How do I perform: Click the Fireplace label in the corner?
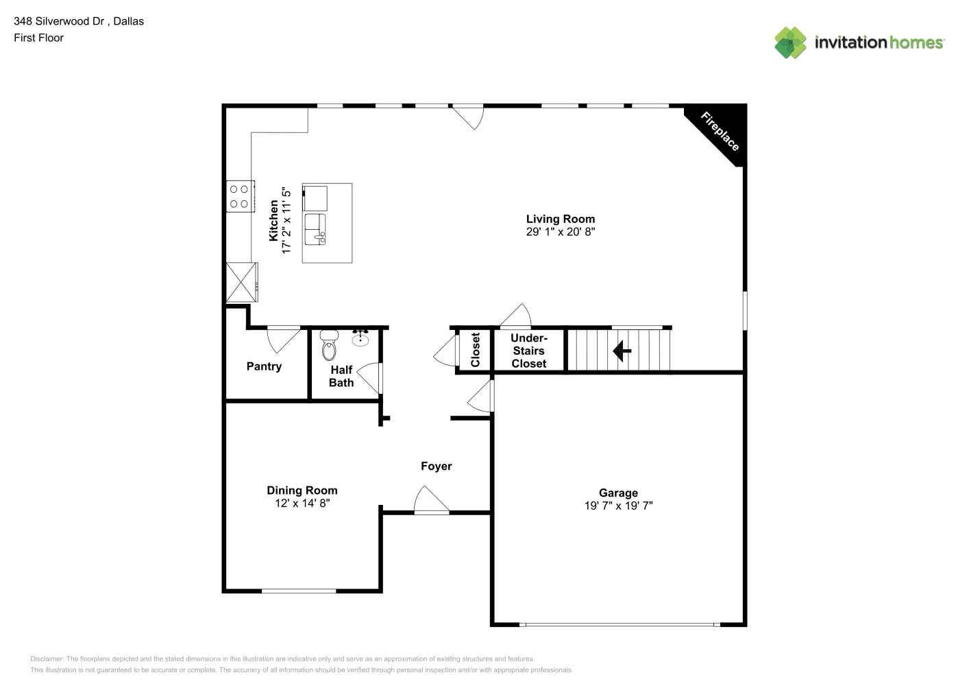[x=720, y=131]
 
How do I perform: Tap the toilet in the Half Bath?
[x=329, y=345]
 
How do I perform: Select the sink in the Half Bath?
[x=360, y=338]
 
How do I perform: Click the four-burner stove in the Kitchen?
[x=240, y=196]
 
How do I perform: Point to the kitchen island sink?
[x=315, y=229]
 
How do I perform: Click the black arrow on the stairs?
[x=622, y=351]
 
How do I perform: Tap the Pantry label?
[x=264, y=366]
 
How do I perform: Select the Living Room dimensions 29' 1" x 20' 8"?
[x=560, y=232]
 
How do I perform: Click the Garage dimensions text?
[x=618, y=506]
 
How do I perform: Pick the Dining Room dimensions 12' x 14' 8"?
[x=302, y=503]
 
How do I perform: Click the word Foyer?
[x=436, y=466]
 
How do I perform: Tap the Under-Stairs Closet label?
[x=528, y=351]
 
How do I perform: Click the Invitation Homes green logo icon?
[x=790, y=43]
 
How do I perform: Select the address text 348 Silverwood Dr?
[x=59, y=21]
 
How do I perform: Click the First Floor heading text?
[x=38, y=38]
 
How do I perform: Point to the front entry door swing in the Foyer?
[x=432, y=500]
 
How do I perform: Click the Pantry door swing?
[x=284, y=340]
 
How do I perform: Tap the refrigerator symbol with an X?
[x=242, y=282]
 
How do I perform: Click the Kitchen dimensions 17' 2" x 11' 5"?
[x=286, y=220]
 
